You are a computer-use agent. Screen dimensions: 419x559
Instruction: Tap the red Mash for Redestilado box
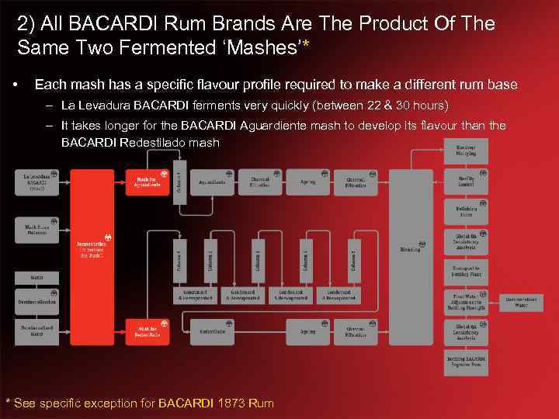point(146,331)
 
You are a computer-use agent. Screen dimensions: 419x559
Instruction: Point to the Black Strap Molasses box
point(37,228)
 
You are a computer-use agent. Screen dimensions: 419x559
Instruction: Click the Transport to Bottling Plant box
point(466,271)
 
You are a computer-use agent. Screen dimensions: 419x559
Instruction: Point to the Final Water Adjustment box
point(466,301)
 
